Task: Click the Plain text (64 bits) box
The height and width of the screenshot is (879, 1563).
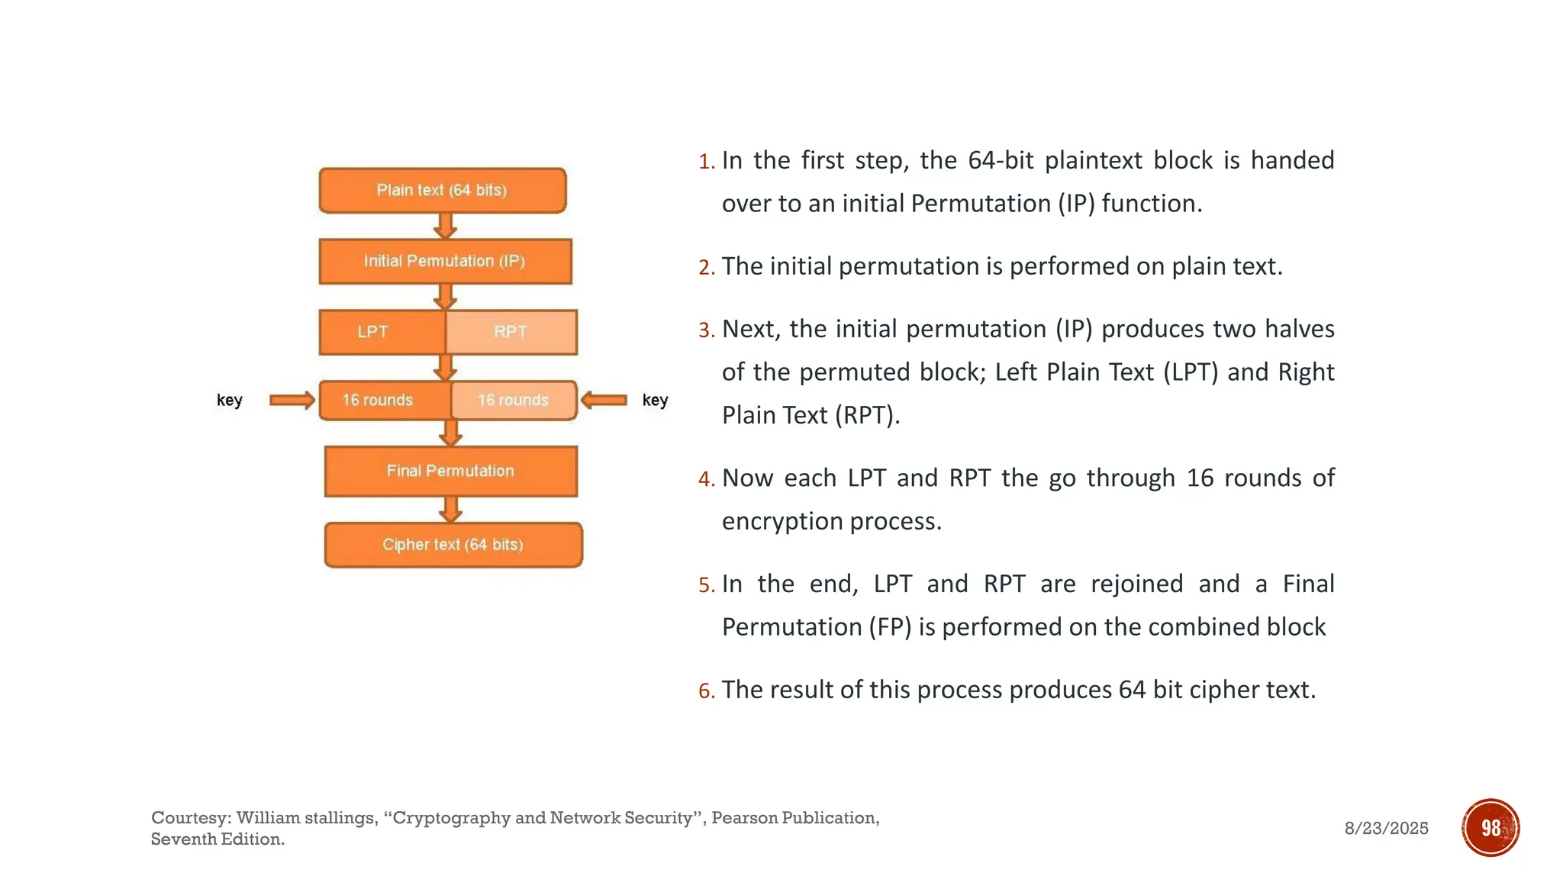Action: tap(442, 190)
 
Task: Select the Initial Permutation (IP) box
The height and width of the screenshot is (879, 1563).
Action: tap(445, 261)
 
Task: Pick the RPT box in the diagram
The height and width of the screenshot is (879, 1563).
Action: tap(511, 332)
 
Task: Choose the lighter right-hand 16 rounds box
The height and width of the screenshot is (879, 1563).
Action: tap(514, 400)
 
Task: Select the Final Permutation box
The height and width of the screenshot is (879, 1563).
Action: tap(450, 471)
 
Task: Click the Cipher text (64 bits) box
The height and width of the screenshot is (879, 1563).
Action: tap(453, 545)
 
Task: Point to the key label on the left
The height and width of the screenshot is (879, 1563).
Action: tap(229, 400)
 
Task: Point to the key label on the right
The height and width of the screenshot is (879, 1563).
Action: tap(655, 400)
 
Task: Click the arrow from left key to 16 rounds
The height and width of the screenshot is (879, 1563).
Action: tap(292, 400)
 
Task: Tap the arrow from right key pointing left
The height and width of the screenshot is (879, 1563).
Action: tap(604, 400)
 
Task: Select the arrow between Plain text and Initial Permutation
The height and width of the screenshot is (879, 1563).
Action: tap(445, 226)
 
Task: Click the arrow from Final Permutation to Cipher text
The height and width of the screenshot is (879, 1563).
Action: tap(451, 509)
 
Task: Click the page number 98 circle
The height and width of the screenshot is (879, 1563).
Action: tap(1490, 827)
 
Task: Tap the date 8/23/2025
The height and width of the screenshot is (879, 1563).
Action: tap(1386, 828)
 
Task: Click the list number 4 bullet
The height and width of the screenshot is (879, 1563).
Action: tap(706, 479)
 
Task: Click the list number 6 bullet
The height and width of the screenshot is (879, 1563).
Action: tap(706, 691)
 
